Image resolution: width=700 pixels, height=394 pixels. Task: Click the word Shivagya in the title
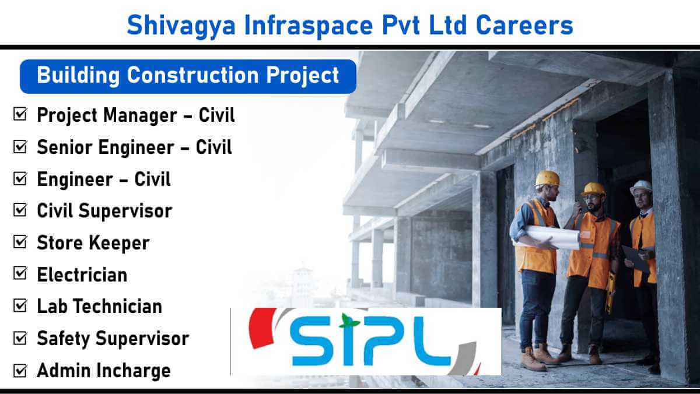pyautogui.click(x=181, y=26)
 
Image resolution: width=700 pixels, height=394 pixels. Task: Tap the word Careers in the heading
pyautogui.click(x=524, y=25)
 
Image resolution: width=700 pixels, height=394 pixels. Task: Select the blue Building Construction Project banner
pyautogui.click(x=188, y=76)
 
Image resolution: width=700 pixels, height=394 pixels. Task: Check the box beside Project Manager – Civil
pyautogui.click(x=20, y=114)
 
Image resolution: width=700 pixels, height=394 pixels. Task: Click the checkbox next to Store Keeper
pyautogui.click(x=20, y=242)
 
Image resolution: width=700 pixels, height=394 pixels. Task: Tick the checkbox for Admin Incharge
pyautogui.click(x=20, y=370)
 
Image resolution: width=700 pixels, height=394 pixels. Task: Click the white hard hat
pyautogui.click(x=640, y=187)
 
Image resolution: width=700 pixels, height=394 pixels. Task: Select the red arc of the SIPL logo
pyautogui.click(x=261, y=328)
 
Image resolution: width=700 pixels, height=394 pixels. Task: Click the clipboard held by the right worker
pyautogui.click(x=636, y=259)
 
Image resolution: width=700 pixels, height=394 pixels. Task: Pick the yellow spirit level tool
pyautogui.click(x=610, y=292)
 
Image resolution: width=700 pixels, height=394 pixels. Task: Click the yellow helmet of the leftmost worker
pyautogui.click(x=547, y=178)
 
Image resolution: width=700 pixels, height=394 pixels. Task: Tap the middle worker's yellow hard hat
pyautogui.click(x=593, y=189)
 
